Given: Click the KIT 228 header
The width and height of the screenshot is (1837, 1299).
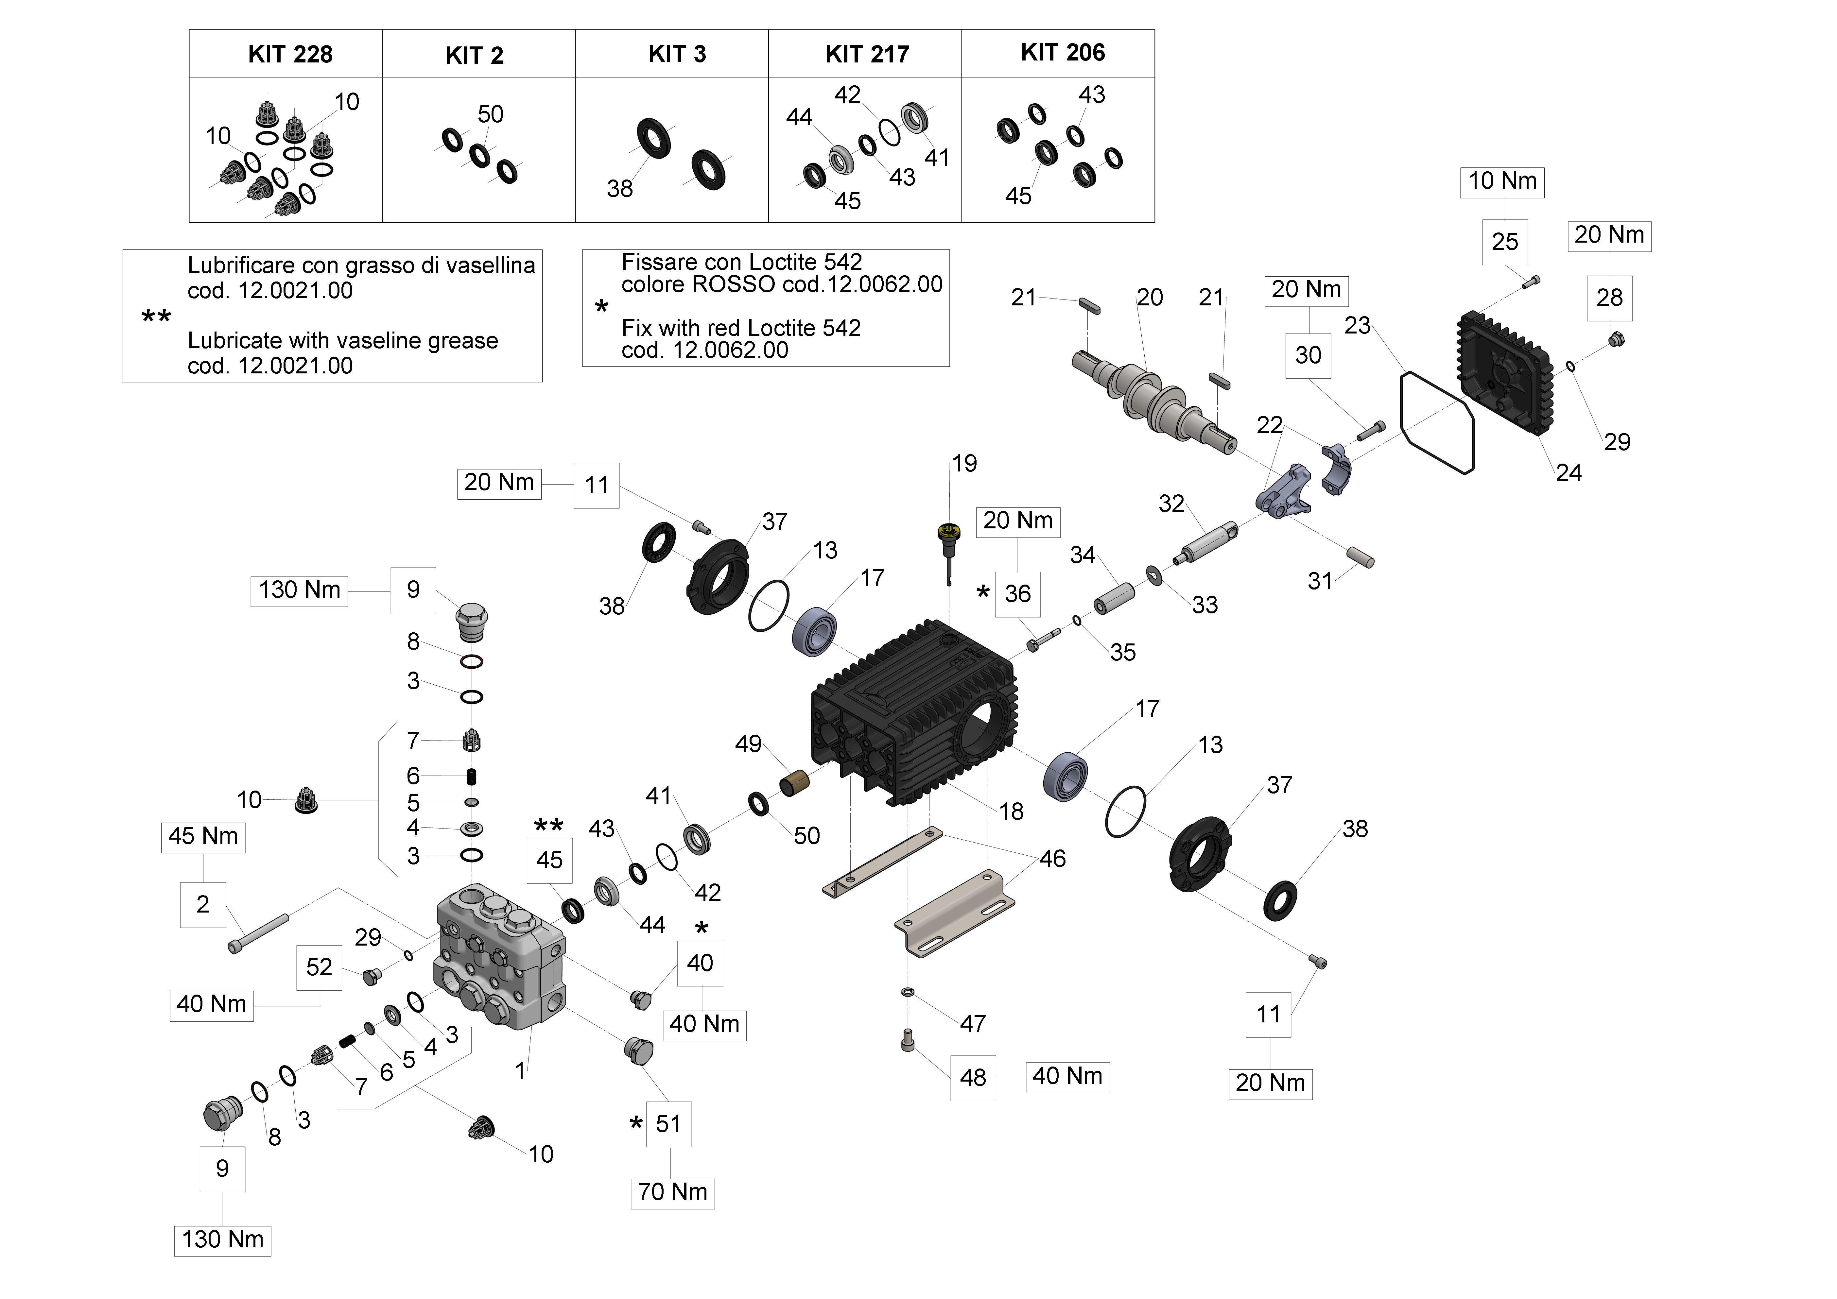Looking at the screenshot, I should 290,54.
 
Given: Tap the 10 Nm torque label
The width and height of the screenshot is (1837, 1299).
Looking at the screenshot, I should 1502,181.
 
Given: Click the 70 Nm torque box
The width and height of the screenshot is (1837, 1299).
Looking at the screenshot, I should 672,1192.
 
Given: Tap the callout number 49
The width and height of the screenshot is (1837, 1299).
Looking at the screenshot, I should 748,744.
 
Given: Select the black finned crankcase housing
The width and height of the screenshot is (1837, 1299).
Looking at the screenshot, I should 912,712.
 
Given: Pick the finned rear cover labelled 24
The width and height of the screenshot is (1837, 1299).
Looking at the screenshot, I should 1504,372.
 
